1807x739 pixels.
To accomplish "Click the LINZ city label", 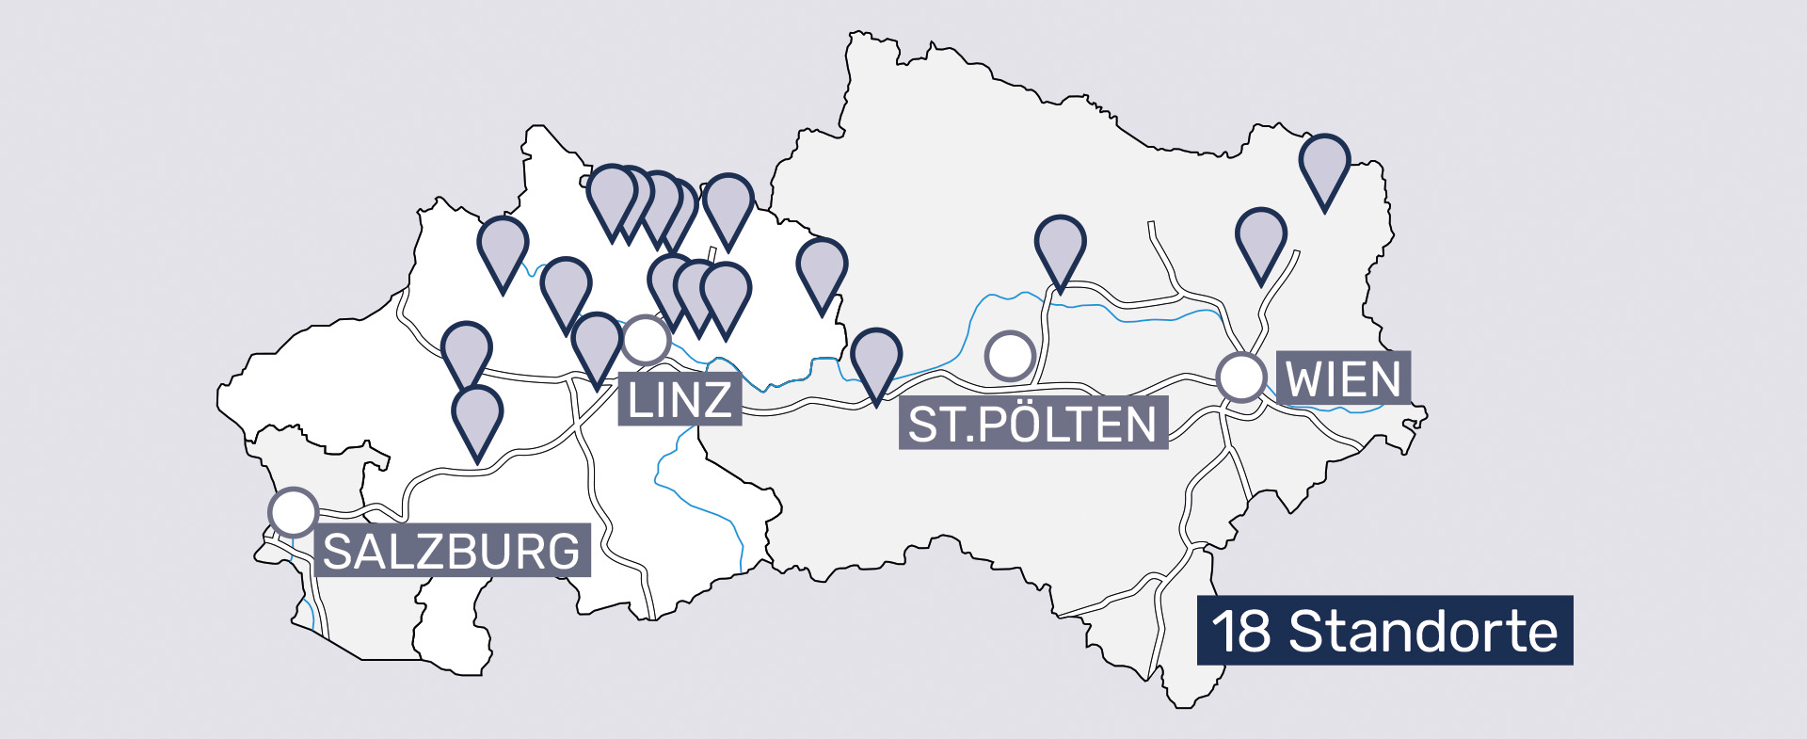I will pyautogui.click(x=680, y=400).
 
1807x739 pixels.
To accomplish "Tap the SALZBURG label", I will pyautogui.click(x=452, y=551).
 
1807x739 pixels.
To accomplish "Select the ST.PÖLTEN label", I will pyautogui.click(x=1032, y=424).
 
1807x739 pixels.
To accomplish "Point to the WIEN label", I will pyautogui.click(x=1343, y=379).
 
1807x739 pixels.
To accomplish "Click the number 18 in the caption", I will pyautogui.click(x=1240, y=631).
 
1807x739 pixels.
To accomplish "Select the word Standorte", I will pyautogui.click(x=1422, y=631).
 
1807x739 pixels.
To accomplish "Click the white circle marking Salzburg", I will pyautogui.click(x=293, y=512).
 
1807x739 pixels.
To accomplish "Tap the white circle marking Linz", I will pyautogui.click(x=646, y=340).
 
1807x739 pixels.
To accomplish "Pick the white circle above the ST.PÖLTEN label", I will pyautogui.click(x=1010, y=356).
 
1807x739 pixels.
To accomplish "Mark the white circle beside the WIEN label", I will pyautogui.click(x=1241, y=378).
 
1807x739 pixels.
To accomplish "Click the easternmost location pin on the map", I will pyautogui.click(x=1324, y=164).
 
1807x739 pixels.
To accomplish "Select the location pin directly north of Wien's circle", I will pyautogui.click(x=1260, y=237).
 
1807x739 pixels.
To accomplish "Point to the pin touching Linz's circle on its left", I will pyautogui.click(x=597, y=343).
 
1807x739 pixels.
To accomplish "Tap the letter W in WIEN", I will pyautogui.click(x=1304, y=379).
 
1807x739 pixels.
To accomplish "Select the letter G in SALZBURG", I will pyautogui.click(x=563, y=552).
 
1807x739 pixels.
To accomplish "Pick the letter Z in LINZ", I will pyautogui.click(x=716, y=400).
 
